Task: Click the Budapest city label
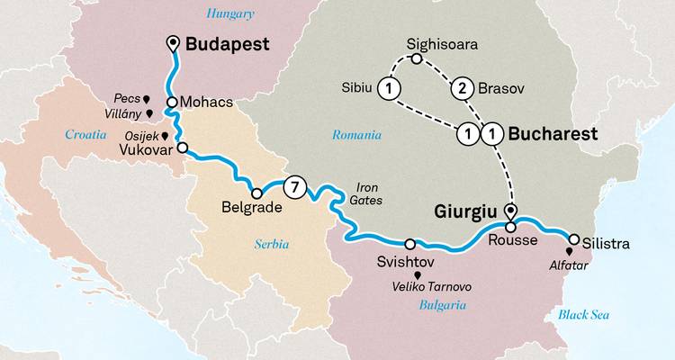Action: coord(227,44)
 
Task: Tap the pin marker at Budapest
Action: coord(173,43)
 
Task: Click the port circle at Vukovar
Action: coord(183,148)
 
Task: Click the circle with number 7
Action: coord(293,188)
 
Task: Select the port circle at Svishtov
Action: coord(410,244)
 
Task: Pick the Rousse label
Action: coord(511,240)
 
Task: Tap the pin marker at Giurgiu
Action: coord(511,212)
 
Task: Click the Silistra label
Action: coord(605,243)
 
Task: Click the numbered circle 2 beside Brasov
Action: coord(462,88)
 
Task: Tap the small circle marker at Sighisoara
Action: coord(416,58)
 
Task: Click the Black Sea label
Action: coord(582,314)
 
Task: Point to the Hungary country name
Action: coord(230,13)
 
